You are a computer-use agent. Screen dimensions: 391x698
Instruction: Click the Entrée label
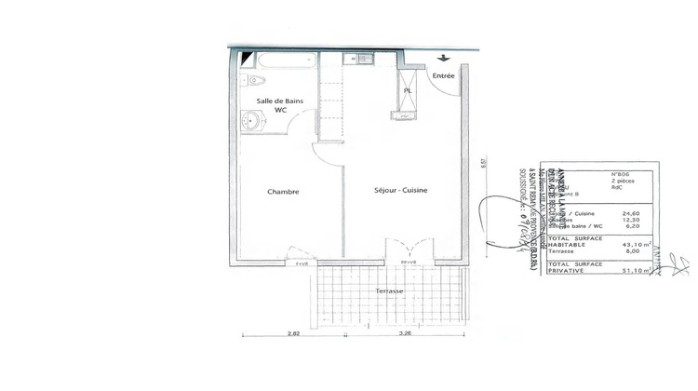coord(444,75)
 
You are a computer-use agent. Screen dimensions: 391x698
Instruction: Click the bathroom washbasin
coord(249,119)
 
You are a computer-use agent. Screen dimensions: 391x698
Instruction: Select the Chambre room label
coord(283,192)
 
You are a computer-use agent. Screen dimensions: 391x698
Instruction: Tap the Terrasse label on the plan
coord(389,291)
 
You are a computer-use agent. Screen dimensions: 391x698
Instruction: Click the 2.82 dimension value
coord(293,331)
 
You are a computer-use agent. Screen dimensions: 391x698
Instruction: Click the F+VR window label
coord(301,264)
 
